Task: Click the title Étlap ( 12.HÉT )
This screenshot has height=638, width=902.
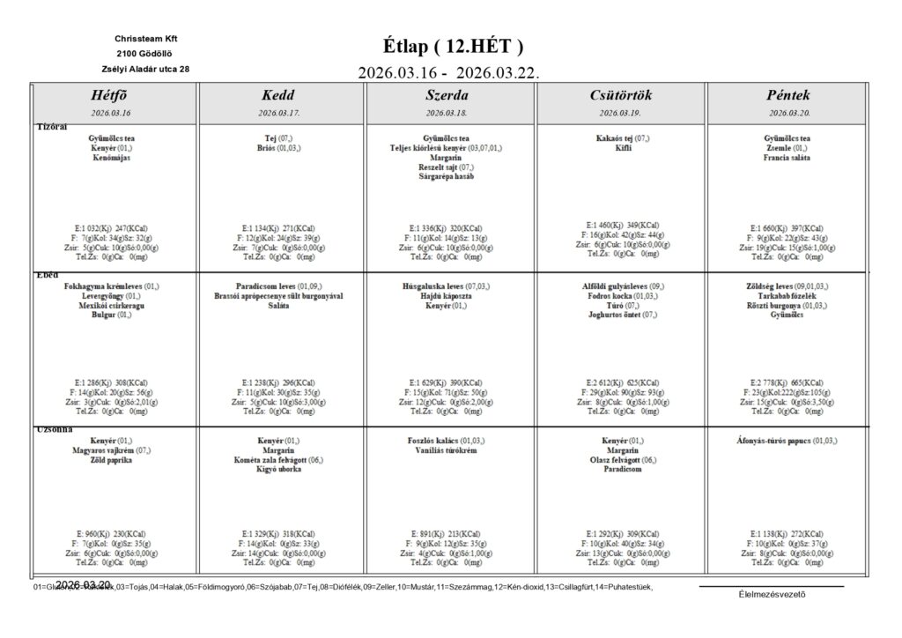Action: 453,46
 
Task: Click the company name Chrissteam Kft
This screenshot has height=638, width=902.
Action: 145,39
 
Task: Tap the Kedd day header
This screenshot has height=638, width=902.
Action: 278,95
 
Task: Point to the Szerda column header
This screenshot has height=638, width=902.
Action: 447,95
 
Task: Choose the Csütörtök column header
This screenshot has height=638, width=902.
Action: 621,95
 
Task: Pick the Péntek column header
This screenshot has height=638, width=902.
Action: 788,95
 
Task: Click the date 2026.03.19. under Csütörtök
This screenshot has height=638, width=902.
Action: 621,114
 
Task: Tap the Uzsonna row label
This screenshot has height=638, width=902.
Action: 54,430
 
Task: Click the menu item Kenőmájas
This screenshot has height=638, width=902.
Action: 112,158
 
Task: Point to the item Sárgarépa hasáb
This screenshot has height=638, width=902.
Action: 447,177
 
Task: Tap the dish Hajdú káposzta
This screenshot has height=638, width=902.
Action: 447,296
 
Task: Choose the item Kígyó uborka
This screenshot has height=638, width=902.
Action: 278,470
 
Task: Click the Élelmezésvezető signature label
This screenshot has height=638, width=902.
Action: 772,593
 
